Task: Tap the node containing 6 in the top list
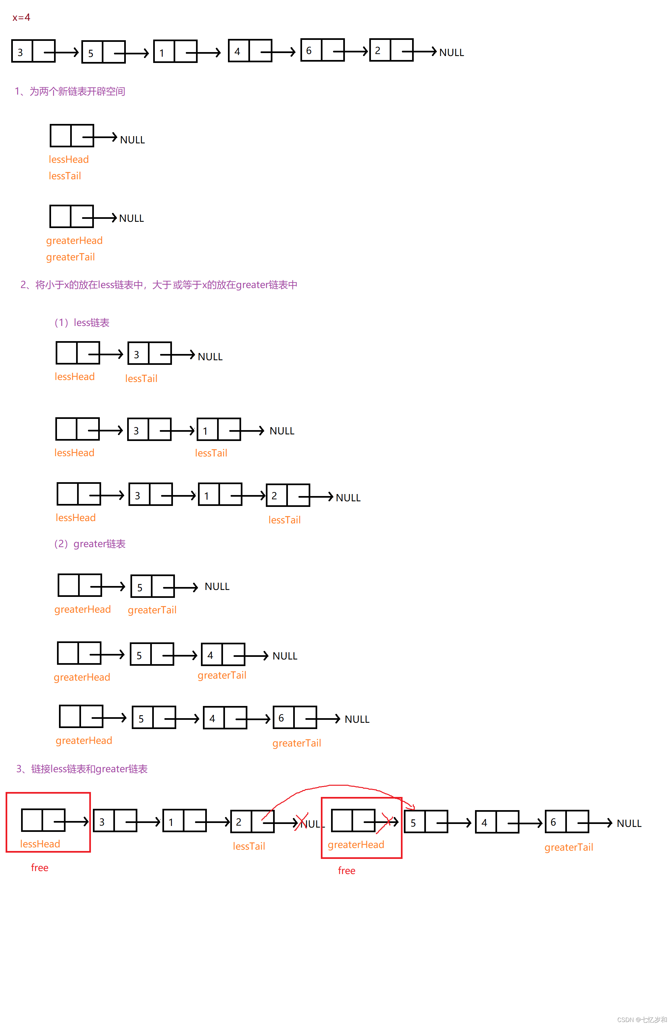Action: tap(322, 50)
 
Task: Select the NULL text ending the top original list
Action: tap(451, 53)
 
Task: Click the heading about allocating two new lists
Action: tap(70, 91)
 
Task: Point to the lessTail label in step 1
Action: tap(65, 176)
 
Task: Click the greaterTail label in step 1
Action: tap(70, 257)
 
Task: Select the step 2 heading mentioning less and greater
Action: tap(158, 285)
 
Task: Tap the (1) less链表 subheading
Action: tap(82, 322)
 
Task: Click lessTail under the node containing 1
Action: tap(210, 453)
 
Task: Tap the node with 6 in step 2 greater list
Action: tap(294, 718)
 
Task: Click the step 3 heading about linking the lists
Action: tap(82, 769)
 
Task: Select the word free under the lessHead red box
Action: tap(40, 867)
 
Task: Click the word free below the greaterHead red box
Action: tap(346, 870)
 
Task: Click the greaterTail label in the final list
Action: tap(568, 847)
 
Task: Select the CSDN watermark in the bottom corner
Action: tap(641, 1019)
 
